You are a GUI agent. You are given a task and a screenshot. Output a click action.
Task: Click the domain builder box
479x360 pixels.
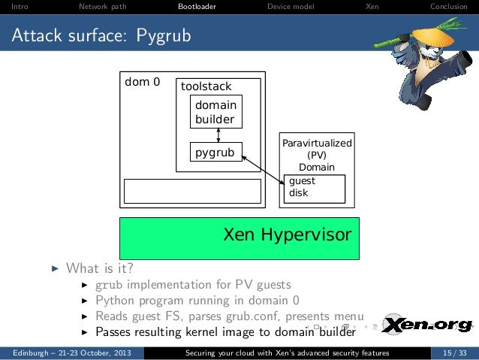[x=215, y=112]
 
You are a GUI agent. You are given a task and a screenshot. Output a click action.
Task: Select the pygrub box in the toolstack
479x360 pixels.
[x=215, y=153]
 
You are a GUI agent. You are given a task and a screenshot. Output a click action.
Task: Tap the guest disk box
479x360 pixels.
[x=315, y=187]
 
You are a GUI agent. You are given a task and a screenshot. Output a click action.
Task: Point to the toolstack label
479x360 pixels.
[x=206, y=86]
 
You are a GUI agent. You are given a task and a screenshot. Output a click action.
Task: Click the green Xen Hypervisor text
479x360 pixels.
[x=288, y=235]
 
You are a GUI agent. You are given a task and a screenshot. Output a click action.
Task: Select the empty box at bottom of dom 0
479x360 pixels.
[x=192, y=191]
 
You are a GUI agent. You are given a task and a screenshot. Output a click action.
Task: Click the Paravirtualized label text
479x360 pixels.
[x=316, y=143]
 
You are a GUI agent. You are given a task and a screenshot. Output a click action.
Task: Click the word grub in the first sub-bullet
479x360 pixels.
[x=110, y=285]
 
